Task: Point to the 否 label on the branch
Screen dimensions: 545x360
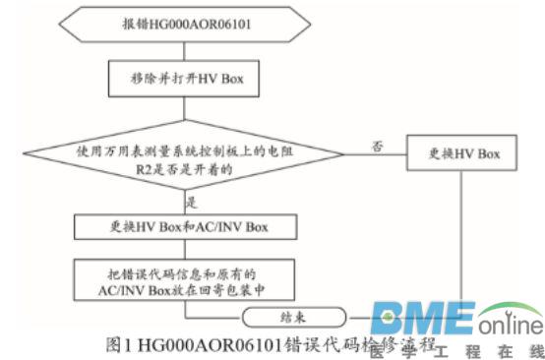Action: tap(376, 145)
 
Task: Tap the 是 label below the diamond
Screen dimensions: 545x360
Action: tap(193, 202)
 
